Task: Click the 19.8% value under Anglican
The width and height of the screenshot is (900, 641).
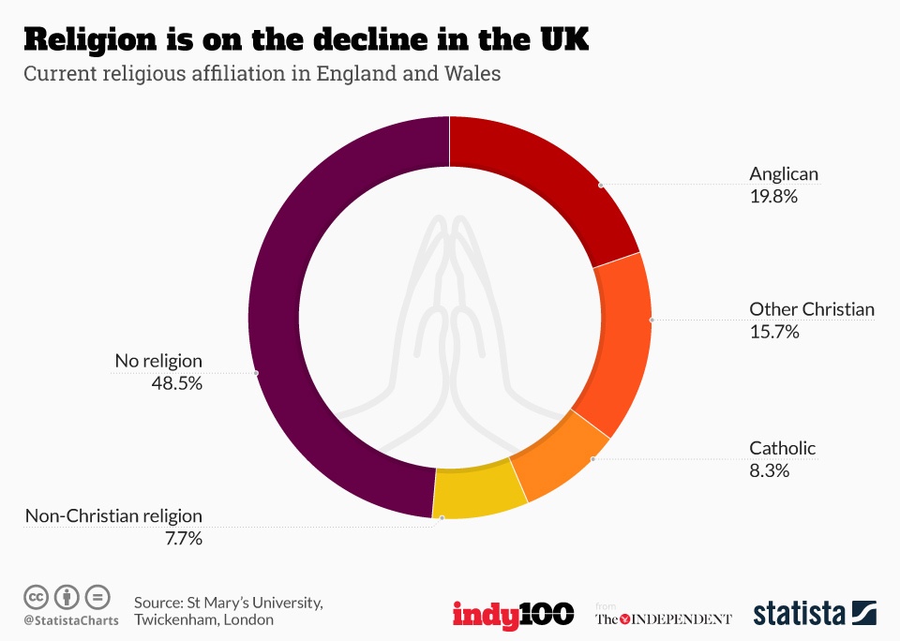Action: [773, 196]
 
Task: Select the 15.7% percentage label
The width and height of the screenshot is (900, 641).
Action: [774, 331]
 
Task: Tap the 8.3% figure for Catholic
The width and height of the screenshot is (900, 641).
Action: [770, 470]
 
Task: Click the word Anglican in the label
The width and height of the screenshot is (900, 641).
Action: [784, 173]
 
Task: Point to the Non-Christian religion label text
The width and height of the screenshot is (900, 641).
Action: [113, 515]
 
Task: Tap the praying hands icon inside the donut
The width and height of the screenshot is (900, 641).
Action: [450, 319]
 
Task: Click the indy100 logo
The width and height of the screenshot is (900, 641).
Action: [513, 615]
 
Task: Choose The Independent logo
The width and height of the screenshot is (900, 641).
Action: [664, 619]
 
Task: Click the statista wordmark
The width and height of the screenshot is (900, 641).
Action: [799, 615]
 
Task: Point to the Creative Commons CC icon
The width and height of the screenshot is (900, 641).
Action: [37, 596]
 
